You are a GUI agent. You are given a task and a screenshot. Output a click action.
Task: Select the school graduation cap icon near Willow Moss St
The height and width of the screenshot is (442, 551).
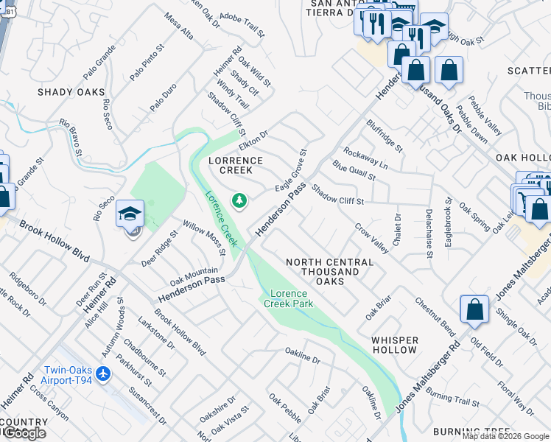click(x=130, y=214)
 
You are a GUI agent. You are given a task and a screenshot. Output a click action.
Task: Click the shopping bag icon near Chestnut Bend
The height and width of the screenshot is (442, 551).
click(x=474, y=309)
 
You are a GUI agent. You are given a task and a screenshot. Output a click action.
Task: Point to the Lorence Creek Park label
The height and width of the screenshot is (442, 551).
click(x=290, y=298)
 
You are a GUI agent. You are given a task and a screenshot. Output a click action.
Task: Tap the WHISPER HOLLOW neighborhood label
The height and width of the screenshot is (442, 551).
click(x=395, y=345)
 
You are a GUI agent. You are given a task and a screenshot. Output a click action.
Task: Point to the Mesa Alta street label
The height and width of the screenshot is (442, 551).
click(x=179, y=27)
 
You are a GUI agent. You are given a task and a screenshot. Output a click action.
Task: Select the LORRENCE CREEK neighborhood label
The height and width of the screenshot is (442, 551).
click(x=236, y=165)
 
